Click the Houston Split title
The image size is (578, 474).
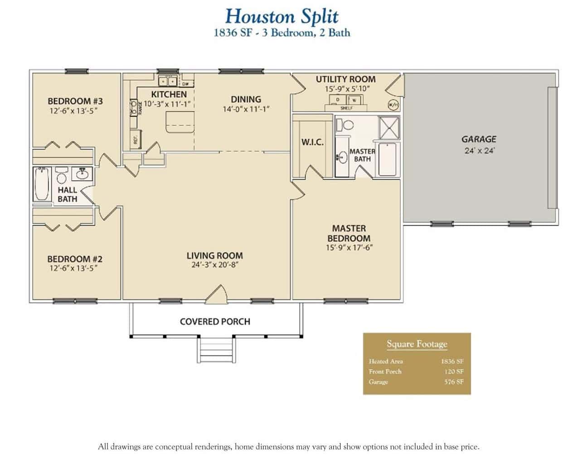tap(282, 16)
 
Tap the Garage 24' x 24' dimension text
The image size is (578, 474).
tap(479, 151)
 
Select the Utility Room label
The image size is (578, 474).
tap(345, 79)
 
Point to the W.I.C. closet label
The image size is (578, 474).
tap(312, 142)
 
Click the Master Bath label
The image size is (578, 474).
tap(362, 155)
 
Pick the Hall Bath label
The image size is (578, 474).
tap(67, 194)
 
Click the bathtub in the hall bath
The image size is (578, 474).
tap(41, 184)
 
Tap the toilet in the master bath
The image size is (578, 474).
tap(348, 124)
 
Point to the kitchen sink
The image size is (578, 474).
tap(168, 81)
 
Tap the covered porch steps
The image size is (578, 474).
tap(216, 350)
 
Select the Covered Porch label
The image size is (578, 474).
tap(215, 321)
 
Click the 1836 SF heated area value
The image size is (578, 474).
tap(452, 361)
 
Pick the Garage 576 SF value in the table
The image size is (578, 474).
tap(453, 382)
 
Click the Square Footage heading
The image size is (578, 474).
tap(417, 344)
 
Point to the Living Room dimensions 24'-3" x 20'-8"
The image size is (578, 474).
tap(214, 265)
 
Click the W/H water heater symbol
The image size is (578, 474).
tap(393, 104)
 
